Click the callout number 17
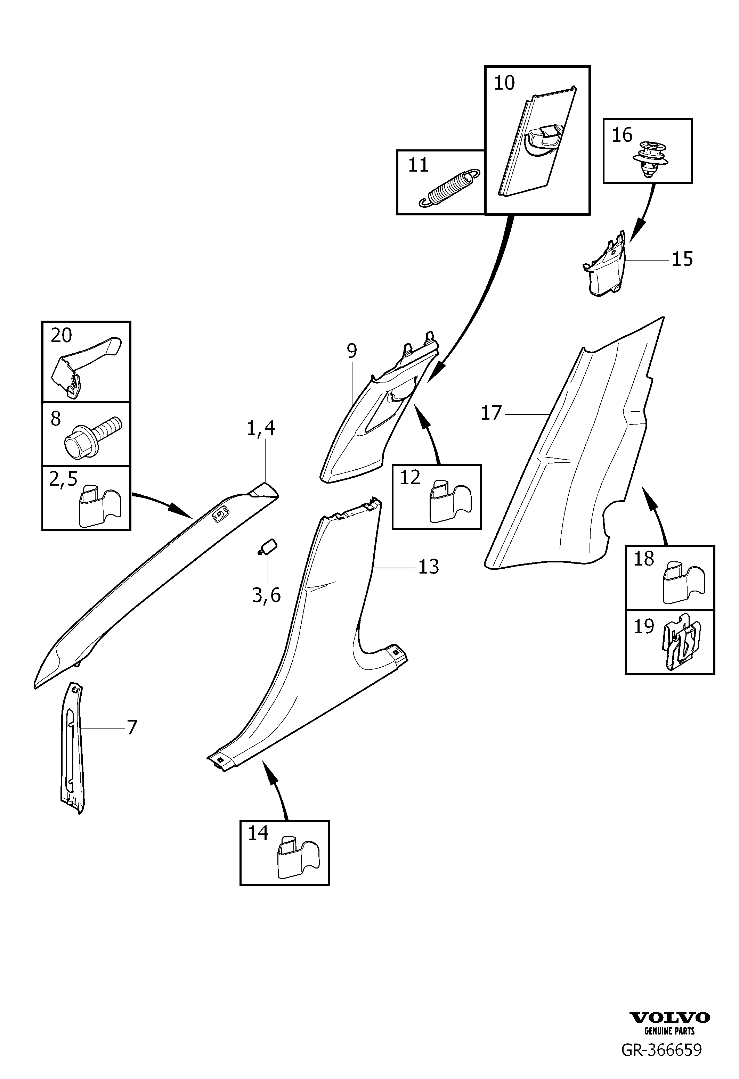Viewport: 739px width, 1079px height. tap(492, 412)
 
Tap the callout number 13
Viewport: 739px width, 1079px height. tap(428, 567)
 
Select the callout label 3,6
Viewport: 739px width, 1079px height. tap(266, 595)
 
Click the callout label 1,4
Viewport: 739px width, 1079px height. tap(261, 428)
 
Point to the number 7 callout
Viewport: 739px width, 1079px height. tap(132, 727)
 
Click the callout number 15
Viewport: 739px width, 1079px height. tap(682, 258)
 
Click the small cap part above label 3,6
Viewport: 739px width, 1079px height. tap(268, 546)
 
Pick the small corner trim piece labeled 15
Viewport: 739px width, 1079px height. tap(605, 265)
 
